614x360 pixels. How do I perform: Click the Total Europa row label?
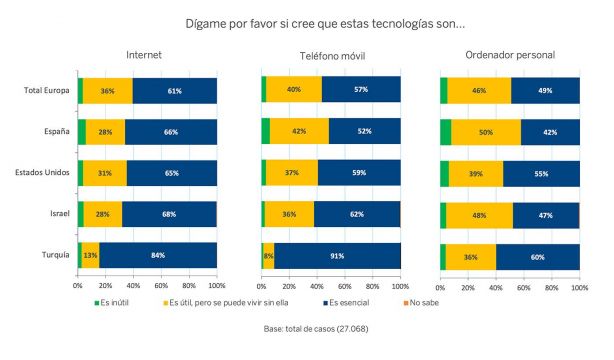(46, 91)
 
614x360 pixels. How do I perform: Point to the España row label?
(54, 132)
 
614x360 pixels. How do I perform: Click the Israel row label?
(57, 214)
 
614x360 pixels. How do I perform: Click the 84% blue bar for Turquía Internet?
(158, 256)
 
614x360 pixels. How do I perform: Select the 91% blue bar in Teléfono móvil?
(337, 256)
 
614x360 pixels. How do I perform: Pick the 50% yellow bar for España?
(486, 132)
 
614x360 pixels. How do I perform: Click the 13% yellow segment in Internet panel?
(91, 256)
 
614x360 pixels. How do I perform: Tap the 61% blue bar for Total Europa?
(174, 91)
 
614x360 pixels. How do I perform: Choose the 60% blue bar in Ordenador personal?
(537, 256)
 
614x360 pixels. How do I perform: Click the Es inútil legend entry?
(114, 301)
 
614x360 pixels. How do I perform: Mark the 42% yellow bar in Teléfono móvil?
(299, 132)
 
